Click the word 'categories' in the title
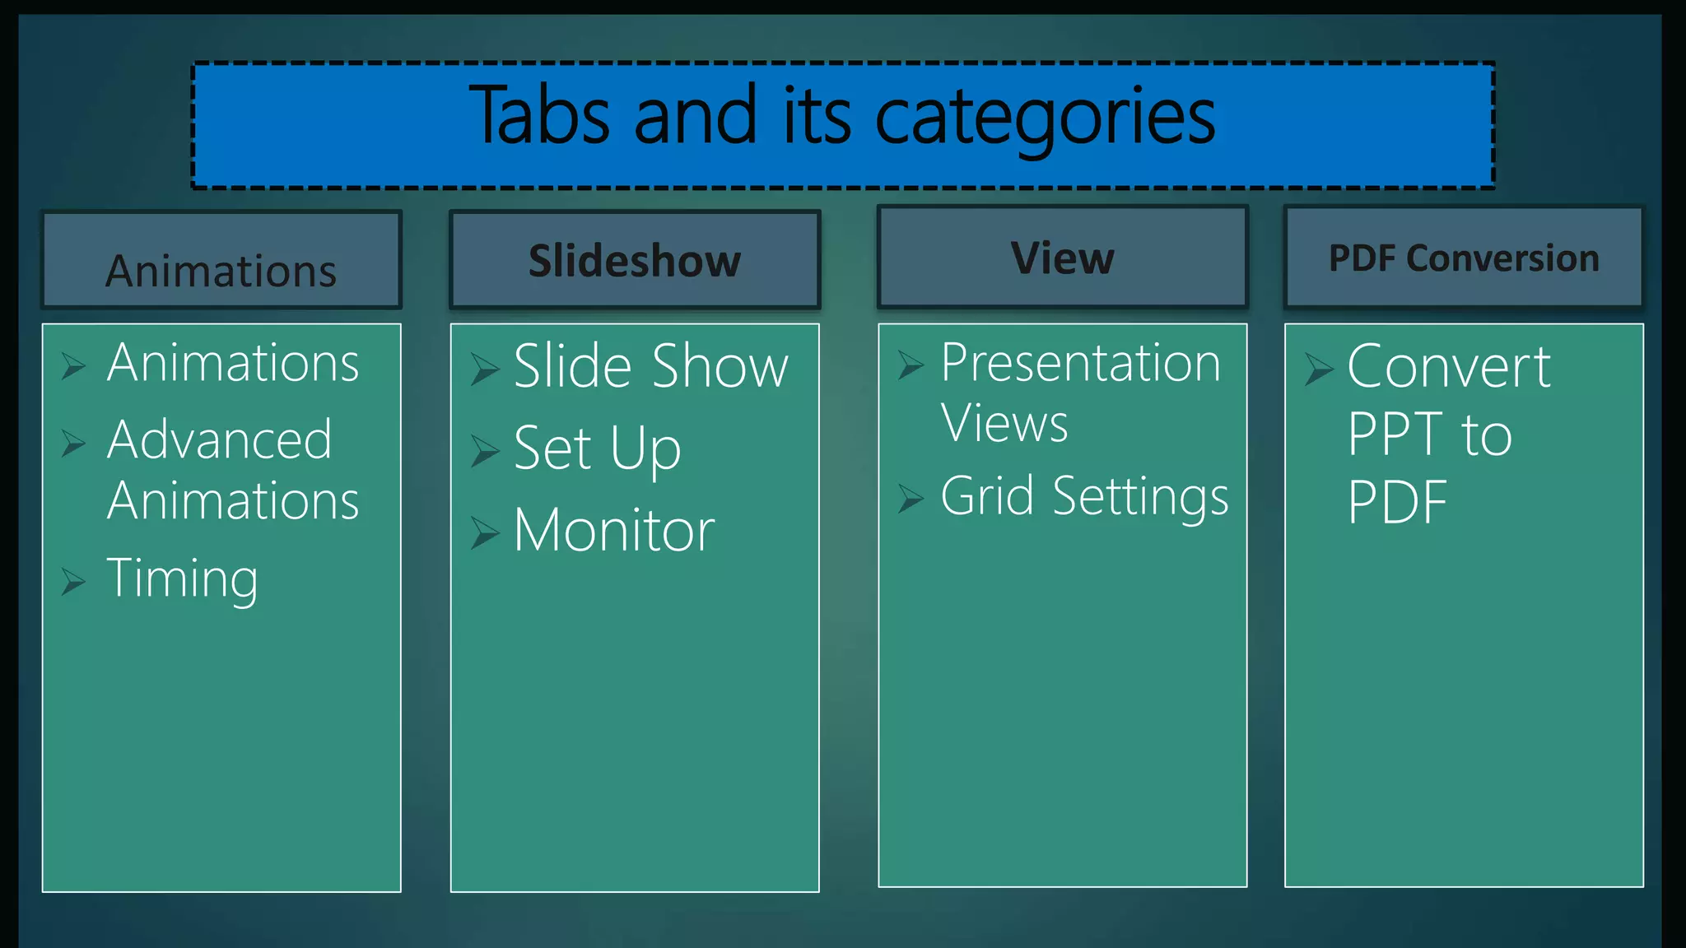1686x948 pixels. [1044, 117]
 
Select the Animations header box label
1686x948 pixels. [221, 271]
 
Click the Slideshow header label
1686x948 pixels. [635, 261]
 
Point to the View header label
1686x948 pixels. [1062, 258]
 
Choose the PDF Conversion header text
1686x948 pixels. [1464, 258]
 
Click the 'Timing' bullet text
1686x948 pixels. [183, 579]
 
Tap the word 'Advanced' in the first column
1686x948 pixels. [220, 439]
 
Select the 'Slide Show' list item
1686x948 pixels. [650, 366]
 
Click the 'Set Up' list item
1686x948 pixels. [597, 449]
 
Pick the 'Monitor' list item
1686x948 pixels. [614, 531]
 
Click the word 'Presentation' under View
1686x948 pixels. [1080, 363]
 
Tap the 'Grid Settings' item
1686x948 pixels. [1084, 497]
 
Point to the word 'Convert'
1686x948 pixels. [1449, 367]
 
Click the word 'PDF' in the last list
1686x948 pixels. [1397, 502]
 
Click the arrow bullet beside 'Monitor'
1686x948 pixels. [485, 533]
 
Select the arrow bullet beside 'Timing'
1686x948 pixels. [73, 582]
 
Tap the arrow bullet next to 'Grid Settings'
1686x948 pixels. [911, 499]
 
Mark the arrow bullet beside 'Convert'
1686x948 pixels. [1318, 369]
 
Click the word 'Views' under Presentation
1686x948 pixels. [1004, 424]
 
